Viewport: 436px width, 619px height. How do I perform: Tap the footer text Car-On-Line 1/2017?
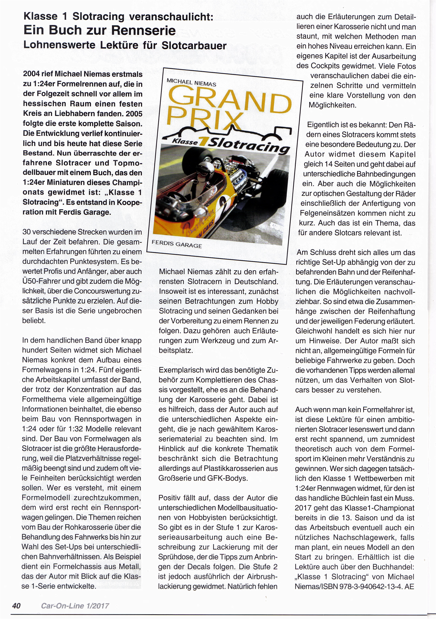click(x=75, y=606)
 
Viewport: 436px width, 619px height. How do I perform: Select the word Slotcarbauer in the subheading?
click(x=194, y=45)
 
